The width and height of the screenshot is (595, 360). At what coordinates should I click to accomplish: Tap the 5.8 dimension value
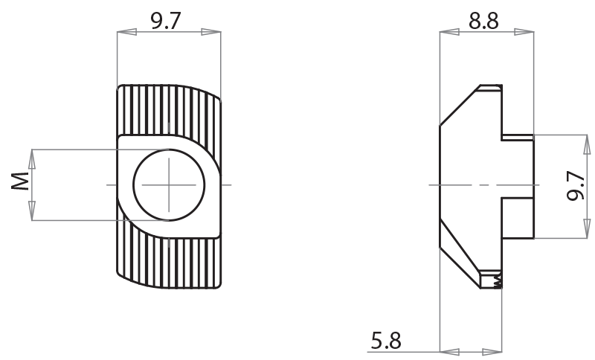[386, 341]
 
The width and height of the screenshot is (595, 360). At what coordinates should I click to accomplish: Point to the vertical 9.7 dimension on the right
[574, 186]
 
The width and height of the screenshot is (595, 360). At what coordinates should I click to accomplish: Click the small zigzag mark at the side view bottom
[498, 280]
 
